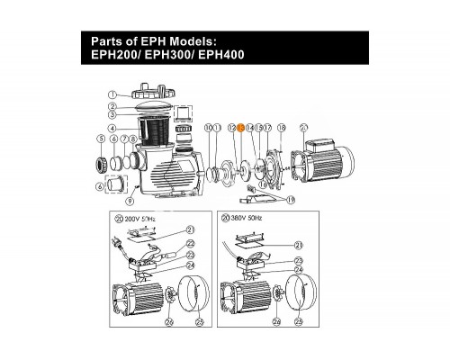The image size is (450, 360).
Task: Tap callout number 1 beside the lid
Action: pyautogui.click(x=112, y=94)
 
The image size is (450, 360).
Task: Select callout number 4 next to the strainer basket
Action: pyautogui.click(x=112, y=127)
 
